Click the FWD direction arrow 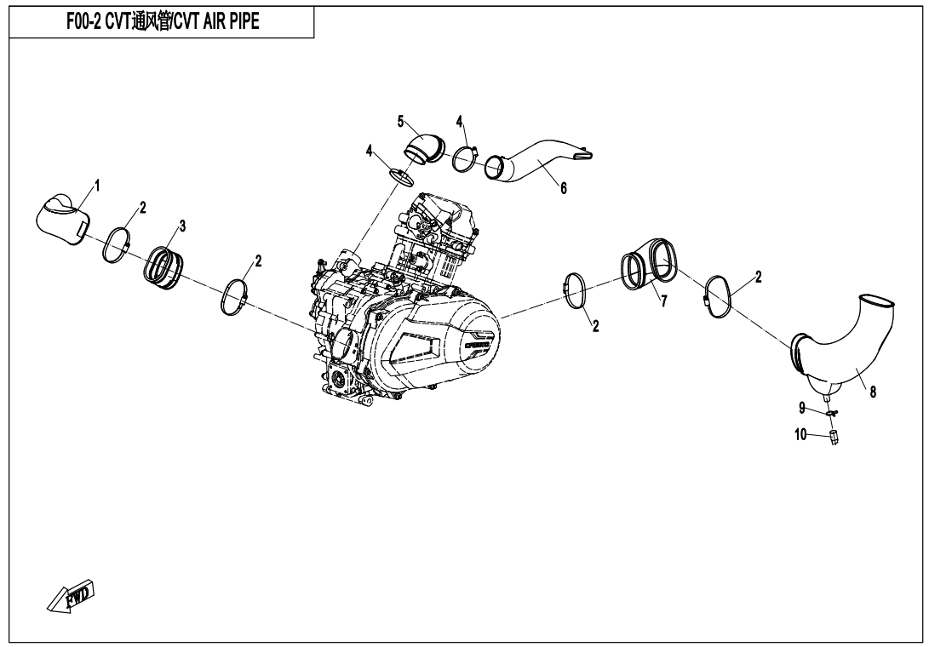click(x=72, y=597)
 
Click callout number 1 click(x=97, y=186)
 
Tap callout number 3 click(x=182, y=226)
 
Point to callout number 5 click(x=400, y=121)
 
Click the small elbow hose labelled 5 click(x=424, y=146)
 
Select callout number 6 click(x=563, y=189)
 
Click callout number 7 click(x=663, y=301)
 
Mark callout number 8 click(x=873, y=392)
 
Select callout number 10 click(x=800, y=434)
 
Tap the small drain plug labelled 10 click(x=834, y=438)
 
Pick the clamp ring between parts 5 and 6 click(x=464, y=158)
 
